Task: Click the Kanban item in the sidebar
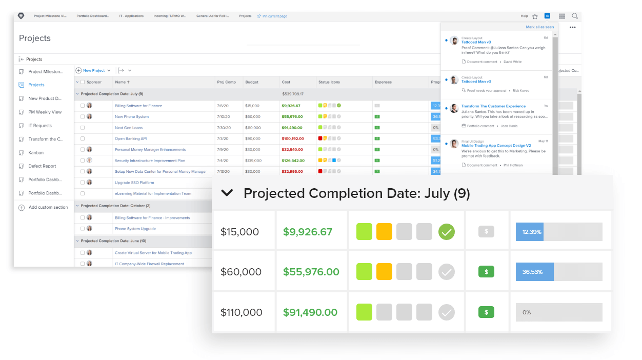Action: point(36,153)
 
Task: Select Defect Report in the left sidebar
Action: point(42,166)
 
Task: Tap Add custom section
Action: point(48,208)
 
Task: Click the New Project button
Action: point(93,71)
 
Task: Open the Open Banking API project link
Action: point(131,138)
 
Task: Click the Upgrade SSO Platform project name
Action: point(134,183)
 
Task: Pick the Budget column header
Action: point(252,82)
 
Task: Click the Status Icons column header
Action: point(329,82)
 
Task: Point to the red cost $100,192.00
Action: point(293,138)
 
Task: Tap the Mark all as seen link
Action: point(539,27)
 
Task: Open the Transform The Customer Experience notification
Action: point(493,106)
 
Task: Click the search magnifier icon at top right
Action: point(575,16)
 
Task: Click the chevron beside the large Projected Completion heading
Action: point(227,193)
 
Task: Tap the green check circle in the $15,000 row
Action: point(447,232)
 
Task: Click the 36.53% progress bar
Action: point(559,272)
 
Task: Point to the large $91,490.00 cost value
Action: point(310,312)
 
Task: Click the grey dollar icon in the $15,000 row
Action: point(486,232)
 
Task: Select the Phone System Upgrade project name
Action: point(135,229)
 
